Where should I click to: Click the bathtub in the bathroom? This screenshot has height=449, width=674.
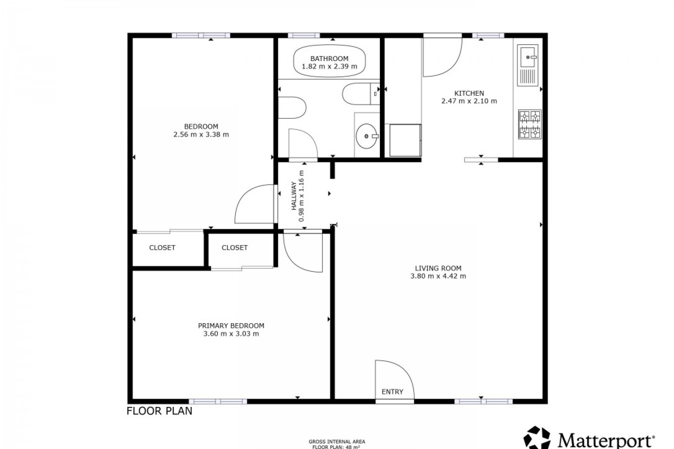click(329, 62)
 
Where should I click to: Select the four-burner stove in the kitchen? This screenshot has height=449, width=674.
click(530, 124)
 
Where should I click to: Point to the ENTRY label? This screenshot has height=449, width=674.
click(392, 391)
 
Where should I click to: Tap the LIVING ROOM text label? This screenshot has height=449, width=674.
click(438, 268)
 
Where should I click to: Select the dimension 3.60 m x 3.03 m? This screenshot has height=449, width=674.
click(231, 334)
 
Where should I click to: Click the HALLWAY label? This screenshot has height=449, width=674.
click(294, 196)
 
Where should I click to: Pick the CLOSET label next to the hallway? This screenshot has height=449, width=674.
click(234, 248)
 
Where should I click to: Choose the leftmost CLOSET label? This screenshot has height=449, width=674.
click(162, 248)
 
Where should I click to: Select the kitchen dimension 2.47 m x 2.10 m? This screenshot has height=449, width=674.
click(469, 101)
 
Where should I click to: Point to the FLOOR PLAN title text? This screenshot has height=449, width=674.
click(159, 411)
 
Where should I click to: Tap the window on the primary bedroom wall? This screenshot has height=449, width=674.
click(218, 401)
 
